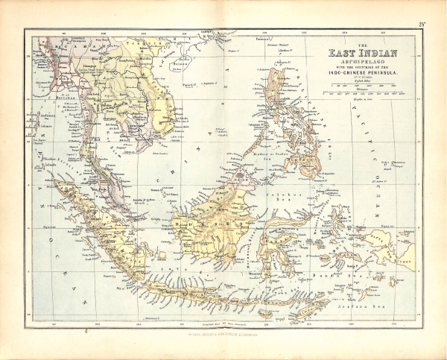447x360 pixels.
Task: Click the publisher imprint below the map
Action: [223, 332]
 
